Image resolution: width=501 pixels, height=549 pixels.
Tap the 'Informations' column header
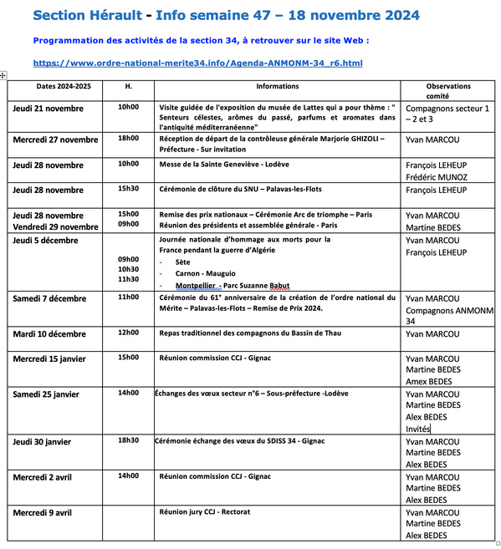pyautogui.click(x=277, y=86)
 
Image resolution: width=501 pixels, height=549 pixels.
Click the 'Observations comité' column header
pyautogui.click(x=448, y=91)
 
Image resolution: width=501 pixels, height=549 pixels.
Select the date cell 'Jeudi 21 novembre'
pyautogui.click(x=48, y=109)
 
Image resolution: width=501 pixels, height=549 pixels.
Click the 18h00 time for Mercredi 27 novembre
pyautogui.click(x=128, y=138)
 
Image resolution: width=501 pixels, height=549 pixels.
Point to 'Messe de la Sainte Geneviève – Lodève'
pyautogui.click(x=224, y=165)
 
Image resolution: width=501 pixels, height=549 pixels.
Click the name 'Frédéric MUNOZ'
pyautogui.click(x=436, y=177)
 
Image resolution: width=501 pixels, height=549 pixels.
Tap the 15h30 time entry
pyautogui.click(x=128, y=189)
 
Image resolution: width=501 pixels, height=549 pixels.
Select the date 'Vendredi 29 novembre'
pyautogui.click(x=55, y=226)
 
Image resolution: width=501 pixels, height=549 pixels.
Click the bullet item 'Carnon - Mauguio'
pyautogui.click(x=206, y=273)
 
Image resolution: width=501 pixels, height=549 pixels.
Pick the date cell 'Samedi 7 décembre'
pyautogui.click(x=49, y=298)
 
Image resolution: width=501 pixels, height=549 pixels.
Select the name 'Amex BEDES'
pyautogui.click(x=429, y=381)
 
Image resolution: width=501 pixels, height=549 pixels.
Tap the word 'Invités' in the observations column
pyautogui.click(x=417, y=429)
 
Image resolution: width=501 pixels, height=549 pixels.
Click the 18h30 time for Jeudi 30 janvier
pyautogui.click(x=128, y=440)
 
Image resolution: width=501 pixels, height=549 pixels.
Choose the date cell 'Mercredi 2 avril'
pyautogui.click(x=47, y=476)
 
